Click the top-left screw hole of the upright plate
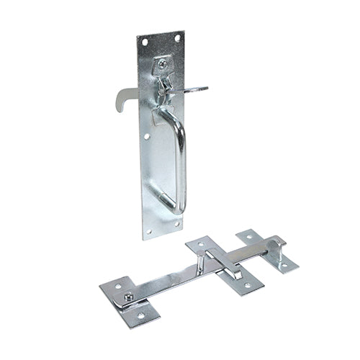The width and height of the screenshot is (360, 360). pos(145,42)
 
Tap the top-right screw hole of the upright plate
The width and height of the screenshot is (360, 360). pos(176,38)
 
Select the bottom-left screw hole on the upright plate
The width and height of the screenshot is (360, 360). pos(149,230)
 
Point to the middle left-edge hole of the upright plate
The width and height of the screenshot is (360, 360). pos(146,135)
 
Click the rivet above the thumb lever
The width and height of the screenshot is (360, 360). pos(163,64)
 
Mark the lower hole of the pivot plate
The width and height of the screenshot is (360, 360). pos(141,315)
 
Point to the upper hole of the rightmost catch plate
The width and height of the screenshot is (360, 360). pos(249,235)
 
